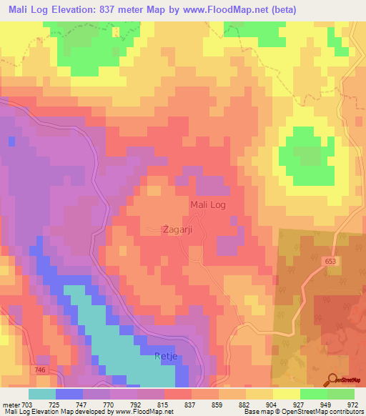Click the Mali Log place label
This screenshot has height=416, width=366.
pos(208,206)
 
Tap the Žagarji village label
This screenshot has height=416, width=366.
pos(175,229)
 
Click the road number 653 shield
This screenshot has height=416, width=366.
pos(329,262)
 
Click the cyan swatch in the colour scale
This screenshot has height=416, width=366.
pos(42,394)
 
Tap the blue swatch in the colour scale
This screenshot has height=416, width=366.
pos(69,394)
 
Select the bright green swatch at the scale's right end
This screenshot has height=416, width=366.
pos(341,394)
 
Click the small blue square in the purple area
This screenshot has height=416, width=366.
pos(12,141)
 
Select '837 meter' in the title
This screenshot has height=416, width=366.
pos(134,9)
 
